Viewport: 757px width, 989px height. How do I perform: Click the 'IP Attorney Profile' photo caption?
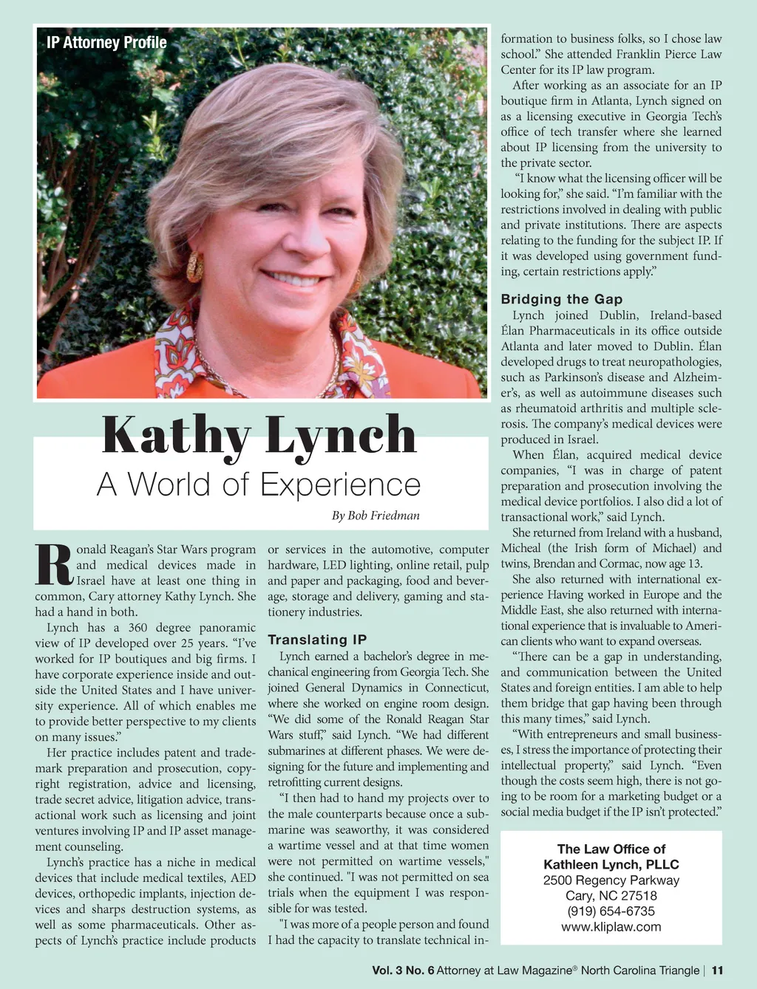(106, 43)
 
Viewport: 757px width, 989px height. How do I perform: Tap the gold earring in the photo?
(195, 267)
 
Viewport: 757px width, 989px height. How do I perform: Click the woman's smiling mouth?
(293, 279)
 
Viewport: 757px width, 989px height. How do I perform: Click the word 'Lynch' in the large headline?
(342, 436)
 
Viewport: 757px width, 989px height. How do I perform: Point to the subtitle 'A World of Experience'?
(258, 485)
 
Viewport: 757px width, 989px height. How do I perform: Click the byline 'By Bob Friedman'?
(376, 516)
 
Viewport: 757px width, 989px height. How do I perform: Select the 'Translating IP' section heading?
(317, 640)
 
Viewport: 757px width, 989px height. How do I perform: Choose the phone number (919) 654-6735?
(611, 911)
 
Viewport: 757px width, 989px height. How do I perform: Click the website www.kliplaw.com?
(611, 927)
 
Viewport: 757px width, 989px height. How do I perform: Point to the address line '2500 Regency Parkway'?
(611, 880)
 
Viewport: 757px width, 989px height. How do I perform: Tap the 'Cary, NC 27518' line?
(611, 896)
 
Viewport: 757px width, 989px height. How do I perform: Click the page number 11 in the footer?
(717, 971)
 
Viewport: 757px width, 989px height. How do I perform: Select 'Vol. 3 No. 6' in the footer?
(403, 971)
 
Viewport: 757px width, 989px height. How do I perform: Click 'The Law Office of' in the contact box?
(611, 849)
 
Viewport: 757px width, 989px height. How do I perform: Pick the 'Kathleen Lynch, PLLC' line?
(611, 865)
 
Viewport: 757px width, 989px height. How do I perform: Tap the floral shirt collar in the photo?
(185, 347)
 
